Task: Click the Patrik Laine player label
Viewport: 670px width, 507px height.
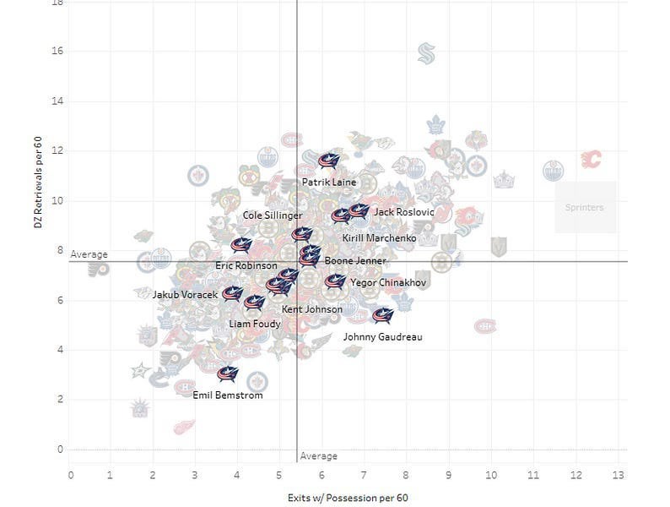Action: pyautogui.click(x=327, y=182)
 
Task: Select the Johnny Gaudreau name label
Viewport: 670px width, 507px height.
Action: pyautogui.click(x=382, y=337)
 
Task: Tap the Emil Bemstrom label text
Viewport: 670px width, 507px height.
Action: pyautogui.click(x=228, y=395)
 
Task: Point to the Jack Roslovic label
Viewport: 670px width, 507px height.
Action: pyautogui.click(x=403, y=212)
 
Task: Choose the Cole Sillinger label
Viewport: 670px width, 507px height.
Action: pyautogui.click(x=272, y=215)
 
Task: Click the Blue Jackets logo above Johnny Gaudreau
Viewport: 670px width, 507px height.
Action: pyautogui.click(x=383, y=316)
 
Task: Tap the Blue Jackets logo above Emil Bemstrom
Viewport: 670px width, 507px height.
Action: pyautogui.click(x=227, y=373)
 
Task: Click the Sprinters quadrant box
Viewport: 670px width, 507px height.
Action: pyautogui.click(x=585, y=207)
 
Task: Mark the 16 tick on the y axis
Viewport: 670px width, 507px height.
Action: pyautogui.click(x=57, y=52)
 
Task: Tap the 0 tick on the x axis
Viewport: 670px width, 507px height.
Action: pyautogui.click(x=71, y=476)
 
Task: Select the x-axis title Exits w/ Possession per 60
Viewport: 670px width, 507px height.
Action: pyautogui.click(x=348, y=498)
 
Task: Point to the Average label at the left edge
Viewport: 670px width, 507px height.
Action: pyautogui.click(x=89, y=254)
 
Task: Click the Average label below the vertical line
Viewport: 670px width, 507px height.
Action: pyautogui.click(x=318, y=455)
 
